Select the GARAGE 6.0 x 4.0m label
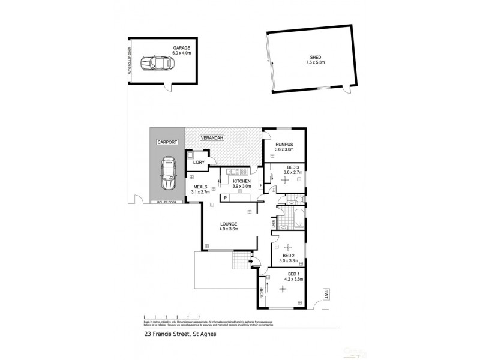point(181,50)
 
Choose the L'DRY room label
point(198,162)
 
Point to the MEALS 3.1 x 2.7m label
point(200,190)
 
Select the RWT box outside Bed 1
point(326,293)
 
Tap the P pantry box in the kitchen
point(225,197)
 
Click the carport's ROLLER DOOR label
point(167,202)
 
